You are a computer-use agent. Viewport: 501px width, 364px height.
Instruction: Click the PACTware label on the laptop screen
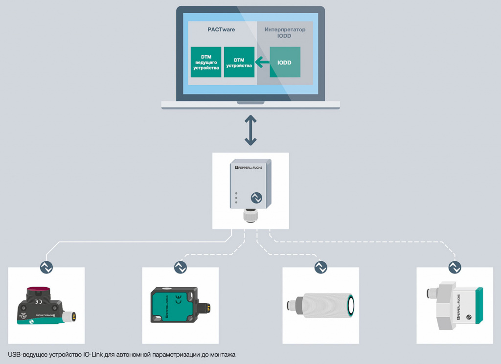tap(221, 30)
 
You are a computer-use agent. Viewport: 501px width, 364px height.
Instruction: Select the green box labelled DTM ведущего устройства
tap(206, 62)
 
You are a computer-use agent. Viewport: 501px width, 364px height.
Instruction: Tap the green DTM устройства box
tap(239, 62)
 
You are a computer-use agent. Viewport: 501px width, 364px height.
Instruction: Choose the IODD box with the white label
tap(285, 62)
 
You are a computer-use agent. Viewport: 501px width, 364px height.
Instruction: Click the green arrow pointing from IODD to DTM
tap(262, 62)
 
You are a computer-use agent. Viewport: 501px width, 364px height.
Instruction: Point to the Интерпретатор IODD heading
tap(285, 33)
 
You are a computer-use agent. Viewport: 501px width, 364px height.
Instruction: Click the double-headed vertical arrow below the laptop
tap(250, 131)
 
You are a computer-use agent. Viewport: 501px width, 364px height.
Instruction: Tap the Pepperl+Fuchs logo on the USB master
tap(249, 167)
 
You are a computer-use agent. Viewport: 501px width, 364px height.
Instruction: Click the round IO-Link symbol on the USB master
tap(256, 198)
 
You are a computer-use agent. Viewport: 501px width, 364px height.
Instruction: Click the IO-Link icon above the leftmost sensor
tap(46, 267)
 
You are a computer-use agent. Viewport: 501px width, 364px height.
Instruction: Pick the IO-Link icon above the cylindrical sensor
tap(321, 267)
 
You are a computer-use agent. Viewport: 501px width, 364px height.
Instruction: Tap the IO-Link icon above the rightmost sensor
tap(455, 267)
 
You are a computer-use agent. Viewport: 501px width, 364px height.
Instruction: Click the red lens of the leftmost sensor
tap(38, 291)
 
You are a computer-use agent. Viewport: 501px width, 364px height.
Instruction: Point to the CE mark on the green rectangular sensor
tap(179, 300)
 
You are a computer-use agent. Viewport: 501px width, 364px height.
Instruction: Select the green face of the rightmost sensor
tap(479, 305)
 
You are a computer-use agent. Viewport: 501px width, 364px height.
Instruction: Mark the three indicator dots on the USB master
tap(236, 198)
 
